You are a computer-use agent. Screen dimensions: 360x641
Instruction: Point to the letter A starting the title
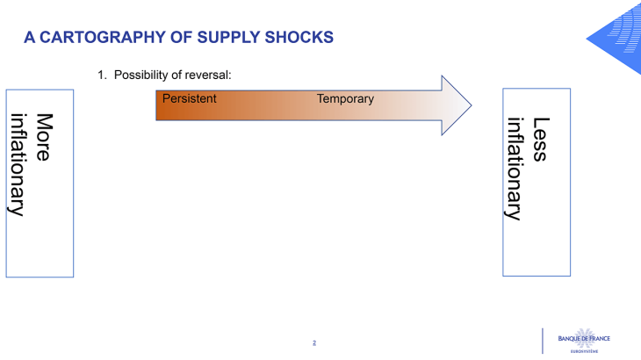(29, 37)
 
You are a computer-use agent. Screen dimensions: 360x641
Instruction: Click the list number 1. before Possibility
(103, 75)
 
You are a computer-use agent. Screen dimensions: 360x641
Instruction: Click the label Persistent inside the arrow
(189, 98)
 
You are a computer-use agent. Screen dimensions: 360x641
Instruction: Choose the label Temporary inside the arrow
(345, 98)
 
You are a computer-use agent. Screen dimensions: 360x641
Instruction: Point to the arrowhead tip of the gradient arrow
(470, 105)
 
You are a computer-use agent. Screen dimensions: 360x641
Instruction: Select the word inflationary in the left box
(18, 163)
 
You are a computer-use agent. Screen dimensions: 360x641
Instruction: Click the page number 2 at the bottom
(314, 342)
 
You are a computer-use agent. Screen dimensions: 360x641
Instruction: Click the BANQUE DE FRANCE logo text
(583, 338)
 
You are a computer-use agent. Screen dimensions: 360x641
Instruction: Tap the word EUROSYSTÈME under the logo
(584, 351)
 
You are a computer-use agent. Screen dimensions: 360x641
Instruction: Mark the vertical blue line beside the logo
(543, 341)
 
